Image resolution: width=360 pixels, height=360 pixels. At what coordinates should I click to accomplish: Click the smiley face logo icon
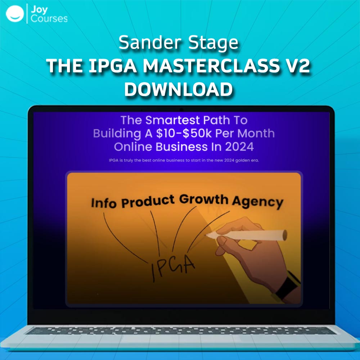click(x=15, y=14)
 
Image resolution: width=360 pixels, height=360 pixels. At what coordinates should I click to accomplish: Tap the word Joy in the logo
click(x=39, y=10)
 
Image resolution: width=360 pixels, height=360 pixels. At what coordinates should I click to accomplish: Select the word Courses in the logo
click(x=49, y=19)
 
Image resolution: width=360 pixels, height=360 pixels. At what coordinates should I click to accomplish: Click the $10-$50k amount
click(x=184, y=133)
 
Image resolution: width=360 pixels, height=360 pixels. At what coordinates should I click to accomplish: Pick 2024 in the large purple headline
click(x=239, y=147)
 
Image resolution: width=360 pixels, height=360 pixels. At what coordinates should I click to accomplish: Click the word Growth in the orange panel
click(x=204, y=199)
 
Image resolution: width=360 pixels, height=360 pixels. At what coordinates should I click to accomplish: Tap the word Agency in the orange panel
click(x=257, y=202)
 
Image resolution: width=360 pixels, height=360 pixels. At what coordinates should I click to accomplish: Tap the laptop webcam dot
click(x=181, y=110)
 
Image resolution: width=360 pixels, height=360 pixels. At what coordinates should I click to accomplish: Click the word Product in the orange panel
click(x=148, y=201)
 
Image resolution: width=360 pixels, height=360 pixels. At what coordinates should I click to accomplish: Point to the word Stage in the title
click(x=213, y=43)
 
